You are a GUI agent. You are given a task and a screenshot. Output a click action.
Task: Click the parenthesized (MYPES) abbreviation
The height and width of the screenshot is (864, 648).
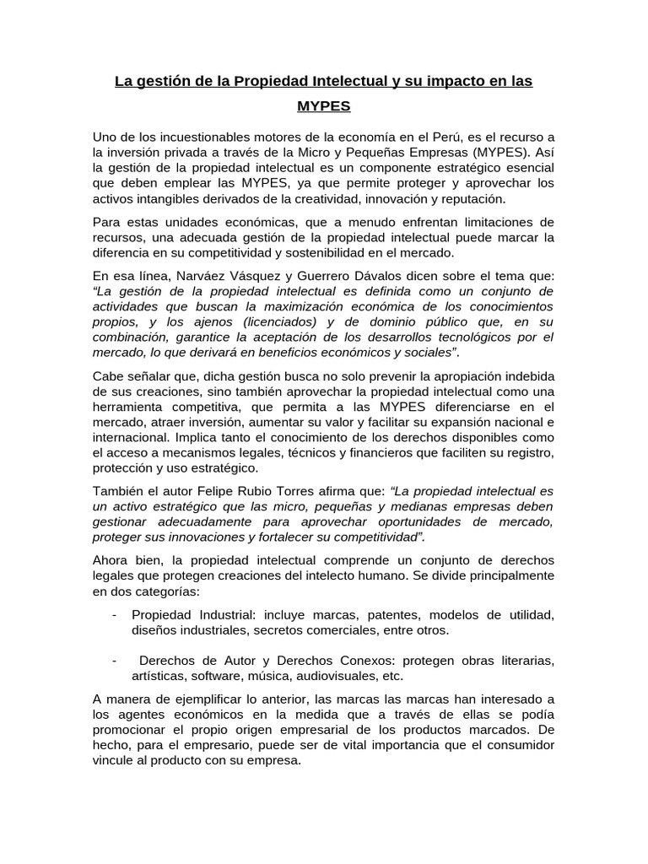click(488, 153)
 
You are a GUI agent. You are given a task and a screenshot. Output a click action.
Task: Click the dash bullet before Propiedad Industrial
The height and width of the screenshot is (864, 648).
click(114, 613)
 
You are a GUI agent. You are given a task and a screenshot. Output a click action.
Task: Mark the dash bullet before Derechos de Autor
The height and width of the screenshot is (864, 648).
click(114, 660)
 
